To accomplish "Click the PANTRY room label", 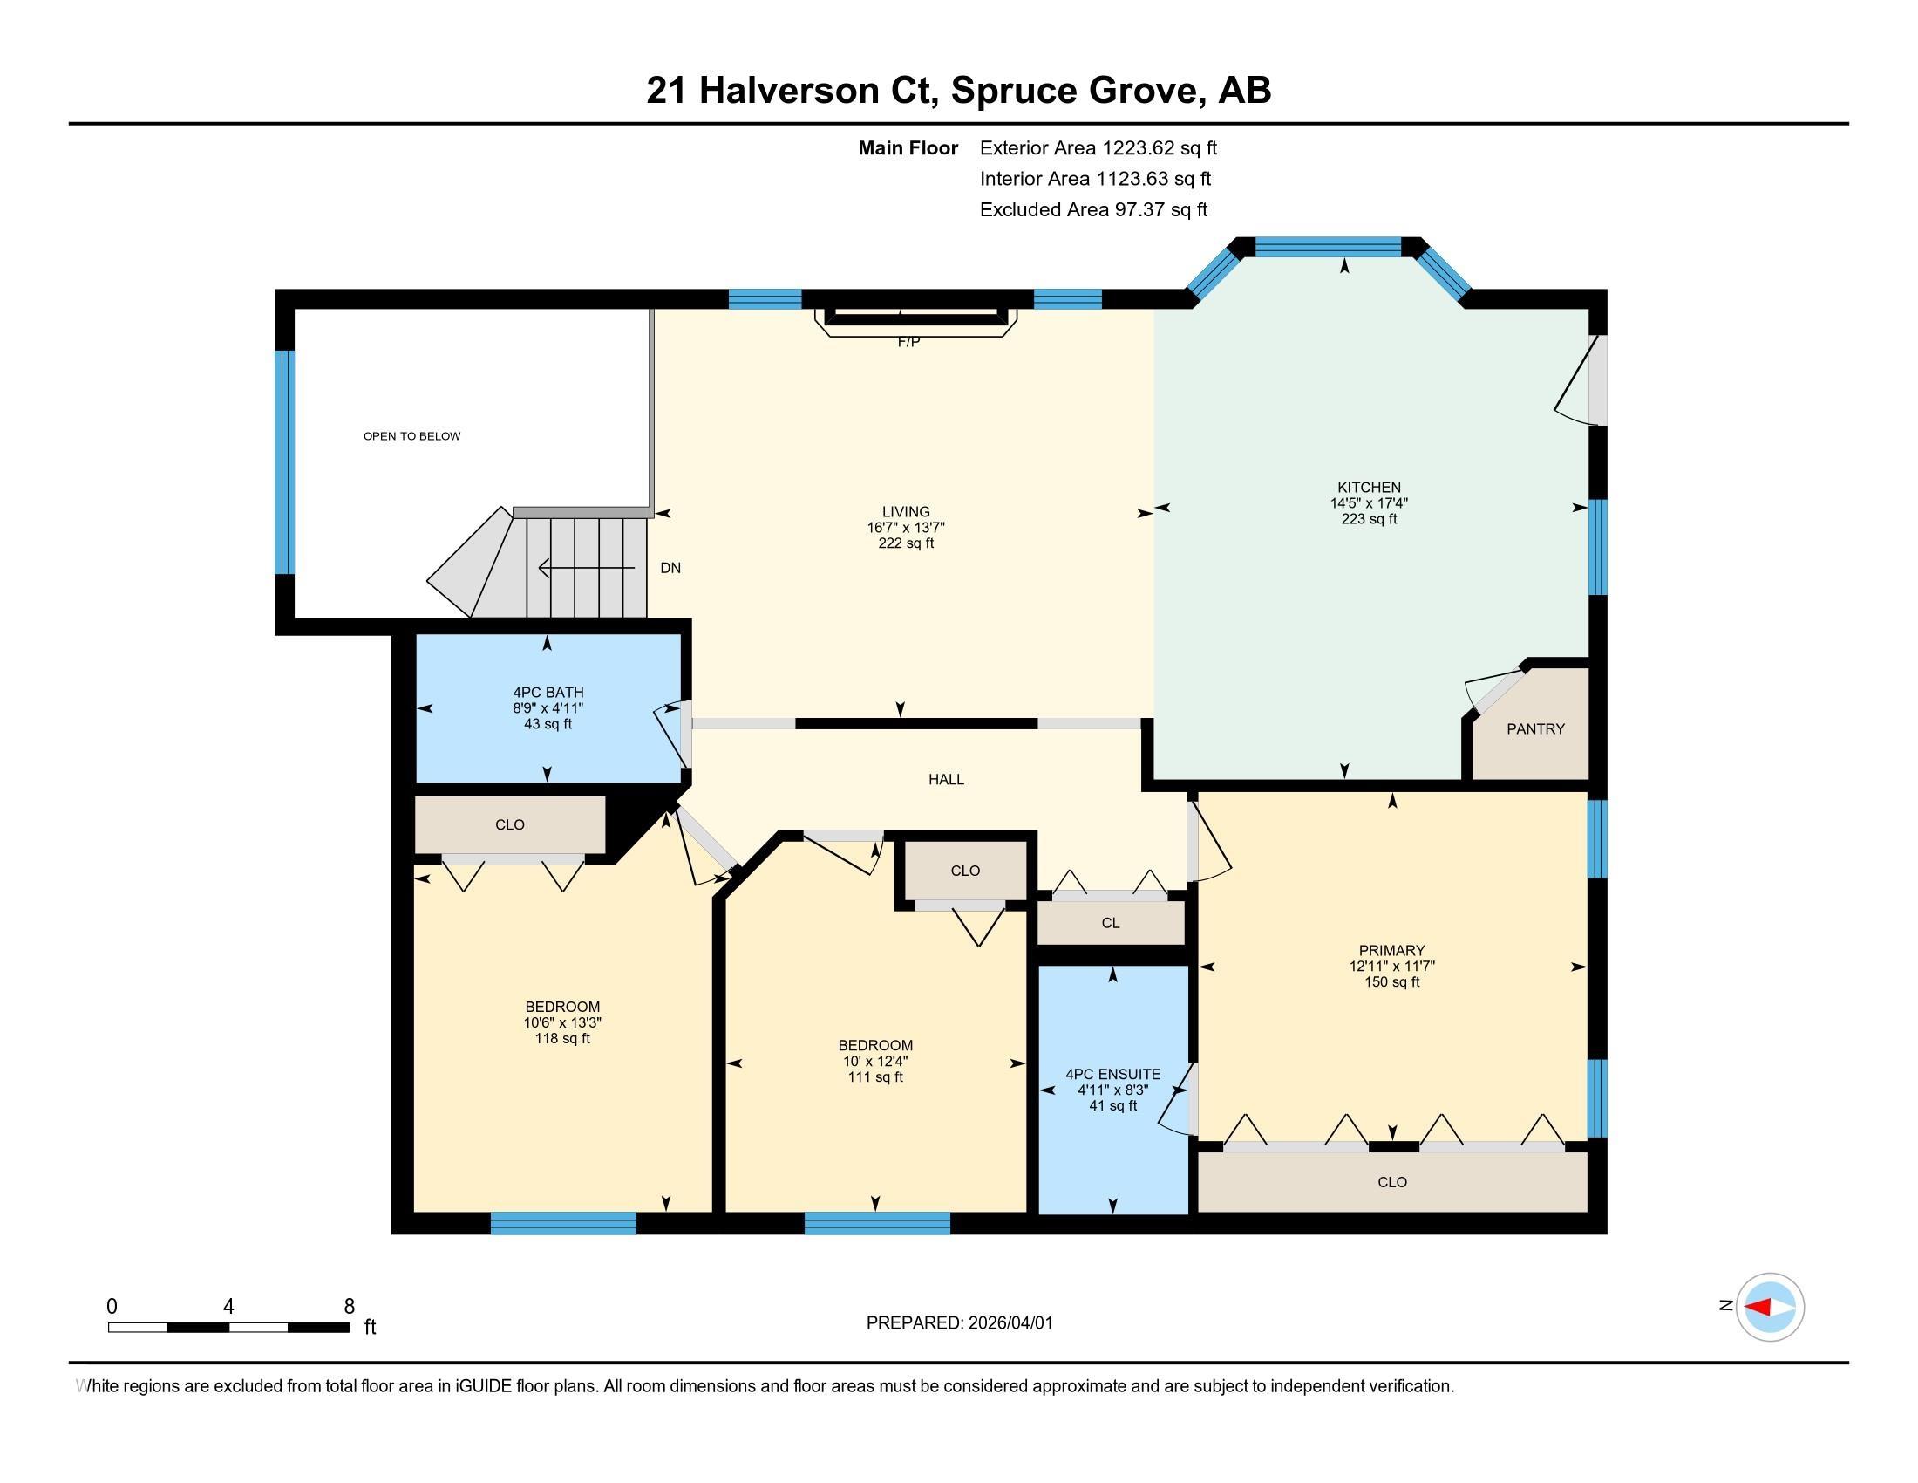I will coord(1535,728).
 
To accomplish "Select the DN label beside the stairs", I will coord(670,569).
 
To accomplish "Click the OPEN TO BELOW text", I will coord(411,436).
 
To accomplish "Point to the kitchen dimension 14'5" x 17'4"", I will coord(1368,503).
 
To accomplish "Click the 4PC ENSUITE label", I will coord(1112,1074).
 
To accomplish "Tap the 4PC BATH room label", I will coord(548,693).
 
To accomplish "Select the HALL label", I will coord(946,779).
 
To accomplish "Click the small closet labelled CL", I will coord(1110,922).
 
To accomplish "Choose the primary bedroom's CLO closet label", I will coord(1392,1182).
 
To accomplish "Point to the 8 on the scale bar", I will coord(349,1306).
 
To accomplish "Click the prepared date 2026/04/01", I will coord(1010,1322).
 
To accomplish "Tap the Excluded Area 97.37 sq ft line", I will coord(1093,209).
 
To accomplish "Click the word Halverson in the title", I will coord(789,91).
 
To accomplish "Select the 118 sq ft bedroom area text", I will coord(562,1038).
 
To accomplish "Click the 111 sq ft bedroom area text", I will coord(874,1077).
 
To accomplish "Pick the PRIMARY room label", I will coord(1391,950).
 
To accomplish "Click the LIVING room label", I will coord(906,511).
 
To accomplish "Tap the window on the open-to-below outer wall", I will coord(284,461).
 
